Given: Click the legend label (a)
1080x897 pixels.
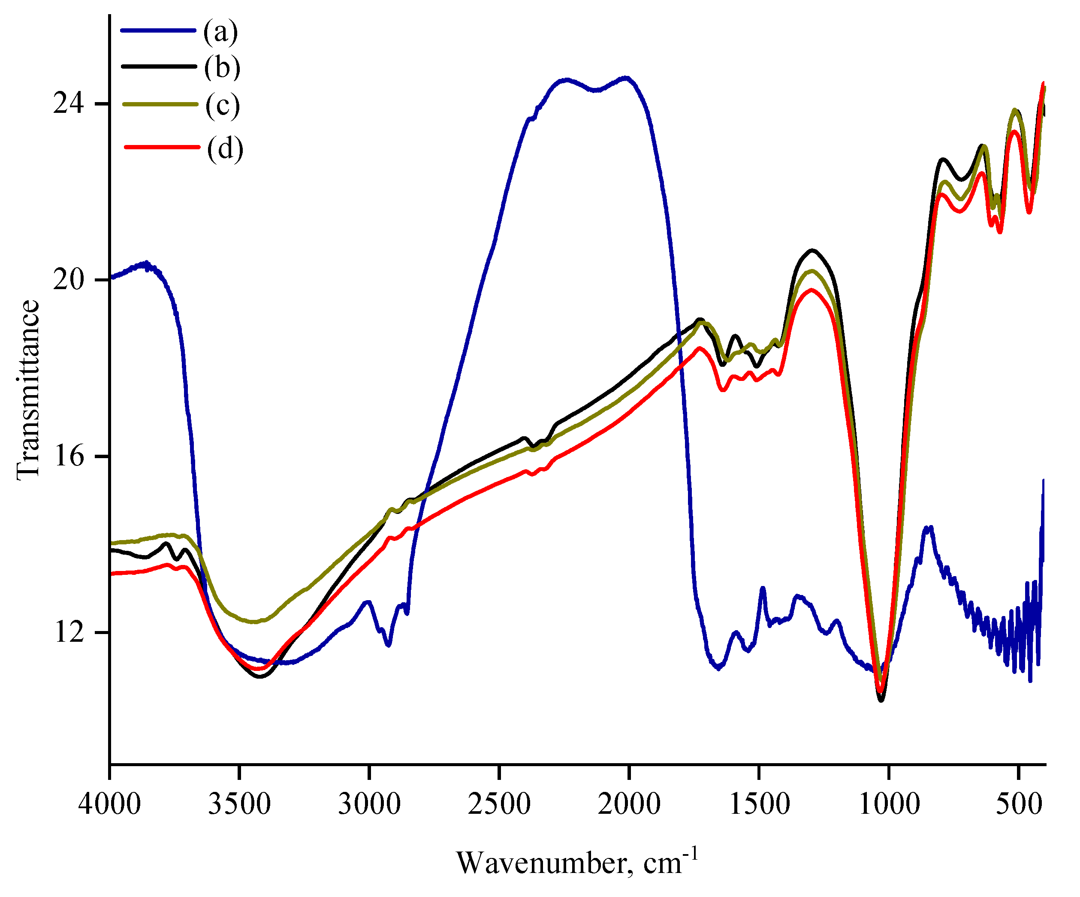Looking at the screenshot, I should [x=220, y=31].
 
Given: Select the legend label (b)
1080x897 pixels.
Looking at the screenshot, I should [x=222, y=67].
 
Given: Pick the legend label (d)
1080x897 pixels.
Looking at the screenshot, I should [x=225, y=149].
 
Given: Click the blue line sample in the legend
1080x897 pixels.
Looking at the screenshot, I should [x=158, y=30].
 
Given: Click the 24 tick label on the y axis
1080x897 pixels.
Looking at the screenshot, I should [x=68, y=104].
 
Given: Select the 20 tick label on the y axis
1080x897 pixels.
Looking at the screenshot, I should [x=68, y=280].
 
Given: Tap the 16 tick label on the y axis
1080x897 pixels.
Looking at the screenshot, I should [x=68, y=456].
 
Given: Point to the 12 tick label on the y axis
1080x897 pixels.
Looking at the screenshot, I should [x=68, y=632].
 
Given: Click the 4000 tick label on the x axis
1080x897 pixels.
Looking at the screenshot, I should [x=109, y=803].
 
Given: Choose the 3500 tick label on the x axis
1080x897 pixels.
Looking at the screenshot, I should [x=239, y=803].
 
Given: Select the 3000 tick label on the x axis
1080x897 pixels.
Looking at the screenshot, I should [x=369, y=803].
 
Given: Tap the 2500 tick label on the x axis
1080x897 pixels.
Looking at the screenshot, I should [x=499, y=803].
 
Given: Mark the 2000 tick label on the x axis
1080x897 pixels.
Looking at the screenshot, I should [x=629, y=803].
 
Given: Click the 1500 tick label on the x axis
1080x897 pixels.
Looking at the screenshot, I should [x=760, y=803].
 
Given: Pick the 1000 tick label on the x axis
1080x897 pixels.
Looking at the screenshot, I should [x=889, y=803].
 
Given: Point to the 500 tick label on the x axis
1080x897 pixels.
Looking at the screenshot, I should [x=1019, y=803].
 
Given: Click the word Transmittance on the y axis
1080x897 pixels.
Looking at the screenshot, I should [x=28, y=390].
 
